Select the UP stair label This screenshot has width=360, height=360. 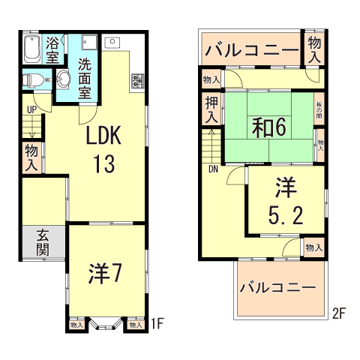[31, 109]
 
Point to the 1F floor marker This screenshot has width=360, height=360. [156, 325]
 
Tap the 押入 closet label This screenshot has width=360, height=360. [211, 109]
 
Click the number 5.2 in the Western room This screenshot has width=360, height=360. [286, 215]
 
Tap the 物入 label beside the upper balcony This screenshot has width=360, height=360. [313, 49]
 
